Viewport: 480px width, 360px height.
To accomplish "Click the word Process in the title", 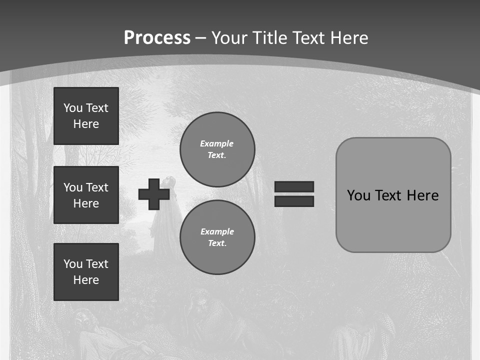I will (x=157, y=38).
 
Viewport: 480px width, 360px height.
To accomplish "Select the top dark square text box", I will (x=86, y=116).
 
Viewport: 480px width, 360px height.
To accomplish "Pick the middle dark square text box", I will (x=86, y=195).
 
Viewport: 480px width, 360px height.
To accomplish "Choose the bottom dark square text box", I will (x=86, y=272).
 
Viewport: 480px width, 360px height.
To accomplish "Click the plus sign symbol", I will (x=154, y=194).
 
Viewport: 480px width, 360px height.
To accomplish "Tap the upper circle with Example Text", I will (x=217, y=149).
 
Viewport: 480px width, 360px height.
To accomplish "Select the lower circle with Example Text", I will (x=217, y=237).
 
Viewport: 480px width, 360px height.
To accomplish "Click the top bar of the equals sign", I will (x=294, y=186).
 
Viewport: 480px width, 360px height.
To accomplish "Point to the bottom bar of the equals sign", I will (x=294, y=201).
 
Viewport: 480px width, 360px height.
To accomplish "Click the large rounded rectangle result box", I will (x=393, y=225).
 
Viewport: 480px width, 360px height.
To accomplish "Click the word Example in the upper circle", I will (x=216, y=143).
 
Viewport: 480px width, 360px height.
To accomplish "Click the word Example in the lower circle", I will (x=217, y=231).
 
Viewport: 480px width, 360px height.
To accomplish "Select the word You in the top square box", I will (x=73, y=108).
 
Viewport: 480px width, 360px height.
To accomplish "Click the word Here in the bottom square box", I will (x=86, y=280).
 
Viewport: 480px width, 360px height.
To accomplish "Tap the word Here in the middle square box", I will (x=86, y=203).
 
